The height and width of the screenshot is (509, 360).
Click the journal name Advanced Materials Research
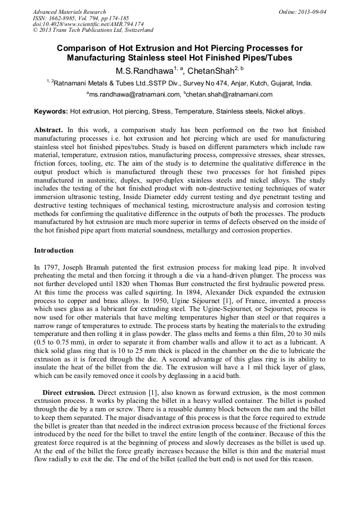click(69, 12)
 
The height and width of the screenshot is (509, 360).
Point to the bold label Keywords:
click(51, 112)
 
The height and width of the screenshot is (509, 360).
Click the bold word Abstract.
click(48, 130)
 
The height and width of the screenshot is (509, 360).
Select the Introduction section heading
click(54, 250)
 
